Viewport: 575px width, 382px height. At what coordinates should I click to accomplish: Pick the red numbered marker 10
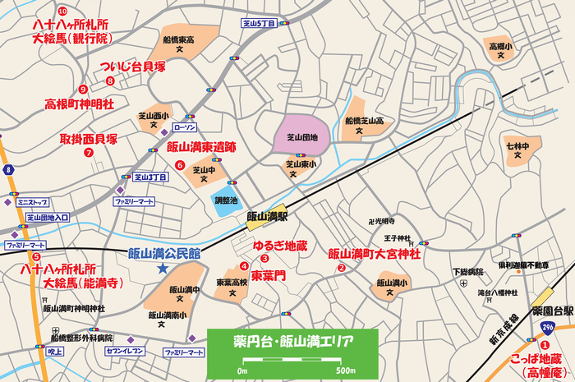tap(62, 10)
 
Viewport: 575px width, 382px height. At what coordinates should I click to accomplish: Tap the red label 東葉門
tap(268, 276)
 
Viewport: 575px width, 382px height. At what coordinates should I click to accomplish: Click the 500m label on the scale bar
tap(346, 371)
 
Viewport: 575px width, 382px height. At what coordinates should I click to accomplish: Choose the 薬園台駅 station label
tap(551, 312)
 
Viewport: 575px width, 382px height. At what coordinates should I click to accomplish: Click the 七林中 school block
tap(517, 149)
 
